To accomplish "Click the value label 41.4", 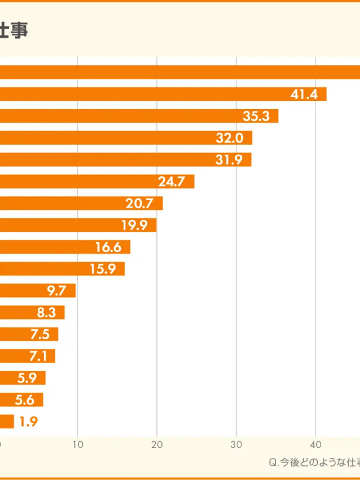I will click(x=304, y=95).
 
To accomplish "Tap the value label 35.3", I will click(x=256, y=116).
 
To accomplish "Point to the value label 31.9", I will click(x=229, y=160).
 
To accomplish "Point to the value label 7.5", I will click(x=40, y=334).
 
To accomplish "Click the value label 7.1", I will click(x=39, y=356).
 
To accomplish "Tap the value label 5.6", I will click(x=25, y=400).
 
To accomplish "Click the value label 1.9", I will click(x=28, y=421).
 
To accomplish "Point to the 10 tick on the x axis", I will click(x=78, y=445).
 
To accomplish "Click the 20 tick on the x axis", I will click(x=157, y=445).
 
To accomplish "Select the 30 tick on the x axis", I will click(x=237, y=445).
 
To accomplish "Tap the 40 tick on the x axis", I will click(x=316, y=445).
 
